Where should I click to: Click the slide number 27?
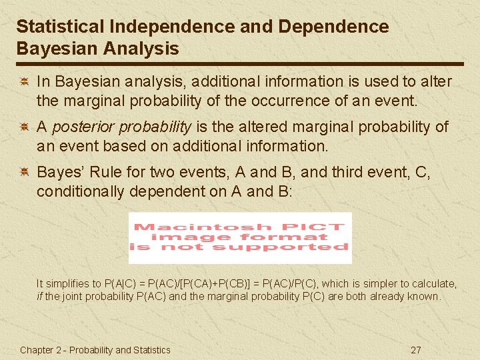(x=416, y=350)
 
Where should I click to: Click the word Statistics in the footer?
(x=153, y=350)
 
